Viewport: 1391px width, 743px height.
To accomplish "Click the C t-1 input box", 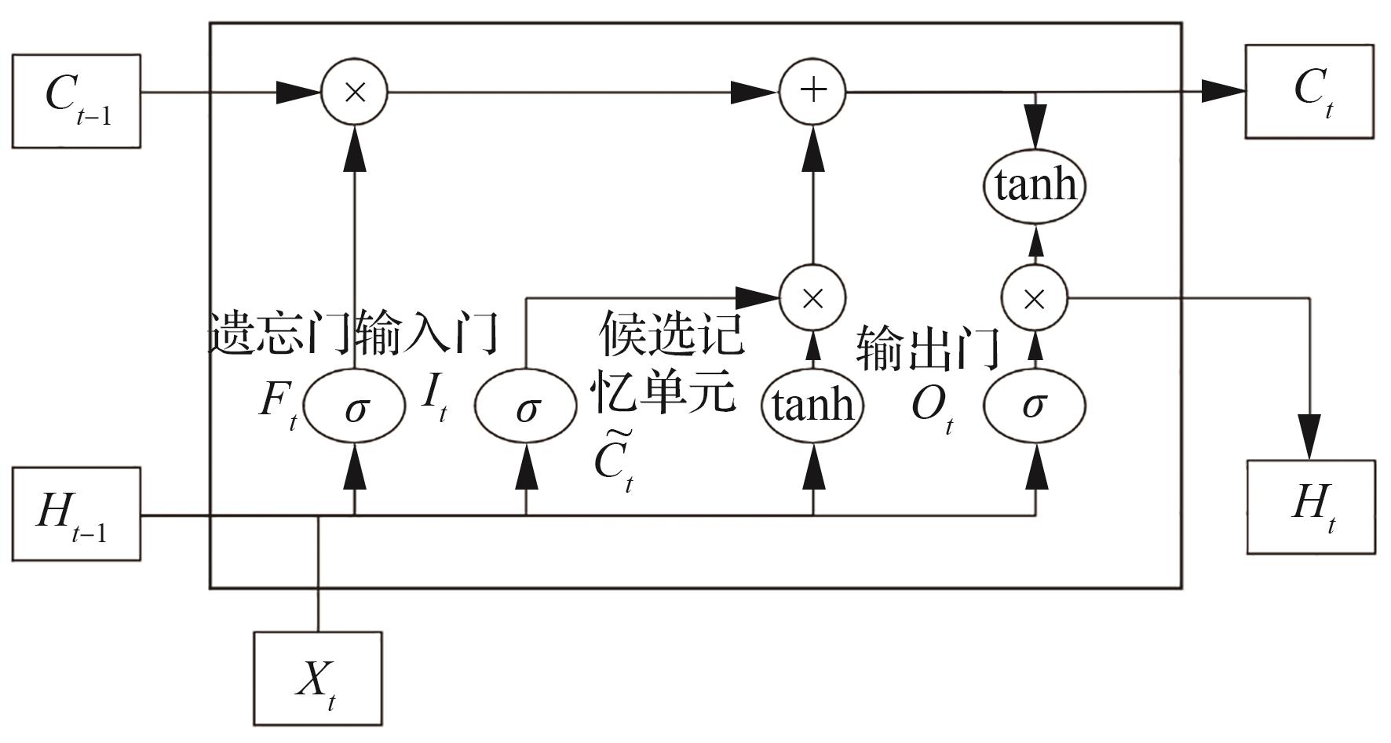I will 76,100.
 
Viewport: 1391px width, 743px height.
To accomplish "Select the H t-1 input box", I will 76,514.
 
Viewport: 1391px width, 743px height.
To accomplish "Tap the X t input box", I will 317,679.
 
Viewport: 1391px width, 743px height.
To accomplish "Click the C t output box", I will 1309,92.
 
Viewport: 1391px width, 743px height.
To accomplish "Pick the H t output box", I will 1311,507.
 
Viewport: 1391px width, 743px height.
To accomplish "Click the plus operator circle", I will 812,92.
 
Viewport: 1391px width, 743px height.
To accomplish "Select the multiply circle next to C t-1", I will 355,93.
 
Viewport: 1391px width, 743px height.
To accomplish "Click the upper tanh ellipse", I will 1035,185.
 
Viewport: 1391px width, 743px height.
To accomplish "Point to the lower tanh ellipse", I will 812,405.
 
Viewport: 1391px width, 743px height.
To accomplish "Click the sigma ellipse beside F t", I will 355,406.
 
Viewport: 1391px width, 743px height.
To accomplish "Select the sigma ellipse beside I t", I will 526,406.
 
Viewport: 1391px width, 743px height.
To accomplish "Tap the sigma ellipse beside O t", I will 1035,405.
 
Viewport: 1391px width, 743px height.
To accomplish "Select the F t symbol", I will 278,403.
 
